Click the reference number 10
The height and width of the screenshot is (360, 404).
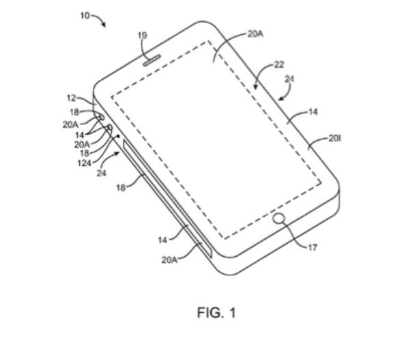click(85, 16)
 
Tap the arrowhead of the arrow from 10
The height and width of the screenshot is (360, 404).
click(104, 25)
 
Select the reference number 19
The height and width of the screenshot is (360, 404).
click(143, 36)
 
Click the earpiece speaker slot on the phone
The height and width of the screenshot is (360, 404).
click(152, 60)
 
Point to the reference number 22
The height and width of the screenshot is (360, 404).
click(279, 64)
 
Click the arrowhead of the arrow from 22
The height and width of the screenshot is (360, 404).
click(256, 86)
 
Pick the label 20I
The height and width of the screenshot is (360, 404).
click(334, 139)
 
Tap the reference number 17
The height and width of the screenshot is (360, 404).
click(313, 247)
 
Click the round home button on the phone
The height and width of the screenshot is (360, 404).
click(279, 219)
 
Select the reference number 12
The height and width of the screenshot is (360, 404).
click(72, 98)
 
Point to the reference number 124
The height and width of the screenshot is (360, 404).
click(84, 163)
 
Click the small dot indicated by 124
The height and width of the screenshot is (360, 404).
click(119, 136)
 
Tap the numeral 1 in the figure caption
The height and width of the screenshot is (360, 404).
click(233, 313)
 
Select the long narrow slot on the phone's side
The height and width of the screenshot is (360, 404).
click(167, 198)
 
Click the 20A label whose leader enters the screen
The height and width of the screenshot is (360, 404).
click(255, 34)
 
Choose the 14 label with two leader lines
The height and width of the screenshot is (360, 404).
click(80, 135)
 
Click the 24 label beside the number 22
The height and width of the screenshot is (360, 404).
click(289, 79)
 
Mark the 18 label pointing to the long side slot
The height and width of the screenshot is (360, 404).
click(121, 187)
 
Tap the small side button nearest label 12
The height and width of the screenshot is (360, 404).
click(101, 117)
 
